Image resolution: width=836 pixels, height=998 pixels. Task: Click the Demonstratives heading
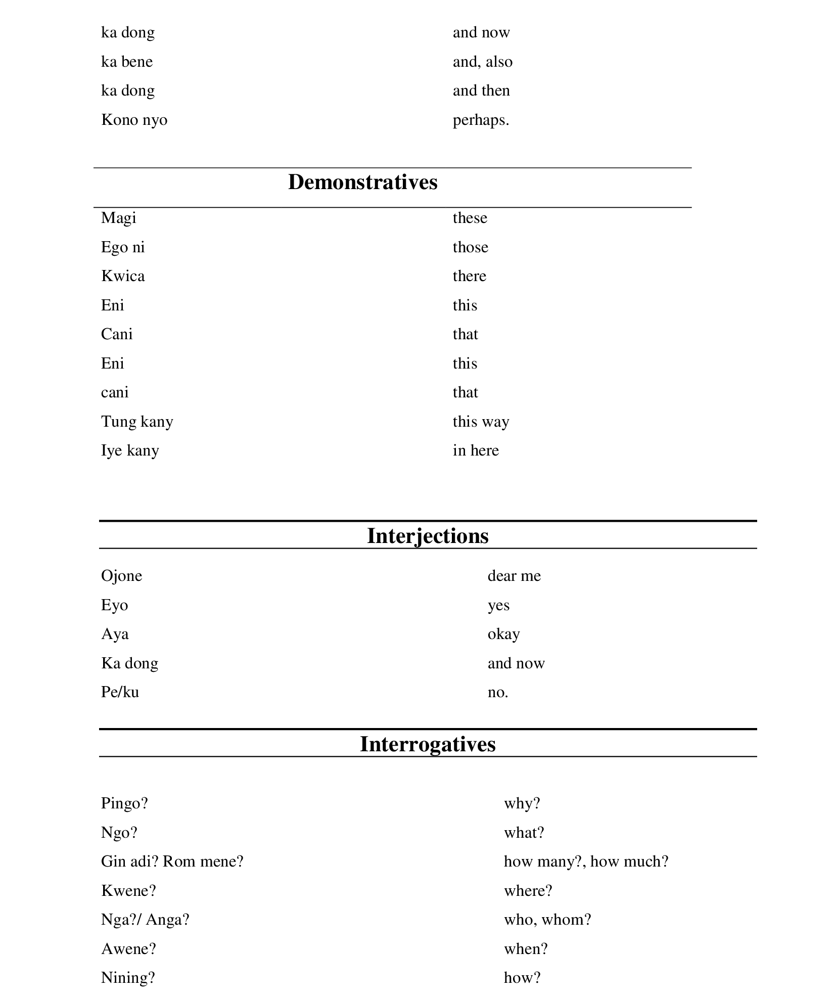coord(362,183)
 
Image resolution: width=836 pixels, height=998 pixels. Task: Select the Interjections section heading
coord(428,536)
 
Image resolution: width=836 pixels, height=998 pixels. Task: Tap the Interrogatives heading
coord(428,744)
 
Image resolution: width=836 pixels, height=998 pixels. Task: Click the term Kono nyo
coord(134,120)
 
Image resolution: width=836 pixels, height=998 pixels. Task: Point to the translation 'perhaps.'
coord(481,120)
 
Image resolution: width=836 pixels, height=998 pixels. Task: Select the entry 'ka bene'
coord(127,62)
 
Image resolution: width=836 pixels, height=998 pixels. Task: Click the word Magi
coord(119,218)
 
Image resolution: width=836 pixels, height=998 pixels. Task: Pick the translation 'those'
coord(470,247)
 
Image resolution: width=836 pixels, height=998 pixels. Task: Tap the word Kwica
coord(123,276)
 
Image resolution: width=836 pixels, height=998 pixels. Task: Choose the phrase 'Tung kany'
coord(137,422)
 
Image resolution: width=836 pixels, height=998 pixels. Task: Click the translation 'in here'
coord(476,450)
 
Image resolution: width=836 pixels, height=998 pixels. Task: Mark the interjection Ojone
coord(121,576)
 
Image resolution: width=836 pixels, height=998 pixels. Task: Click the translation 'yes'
coord(498,605)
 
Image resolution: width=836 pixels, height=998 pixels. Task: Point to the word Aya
coord(115,634)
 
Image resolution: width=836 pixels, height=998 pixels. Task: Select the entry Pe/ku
coord(120,692)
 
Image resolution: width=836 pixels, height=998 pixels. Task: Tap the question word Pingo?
coord(124,803)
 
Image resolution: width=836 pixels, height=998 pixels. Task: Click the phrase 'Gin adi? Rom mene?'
coord(172,861)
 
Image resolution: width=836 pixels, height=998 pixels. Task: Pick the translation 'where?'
coord(528,890)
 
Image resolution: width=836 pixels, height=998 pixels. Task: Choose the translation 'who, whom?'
coord(547,920)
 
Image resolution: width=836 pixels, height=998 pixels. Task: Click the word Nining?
coord(128,978)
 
